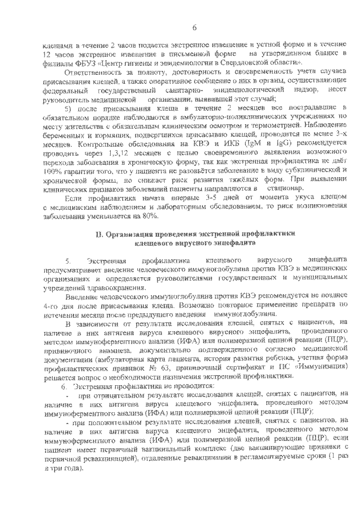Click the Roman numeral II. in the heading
(99, 233)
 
